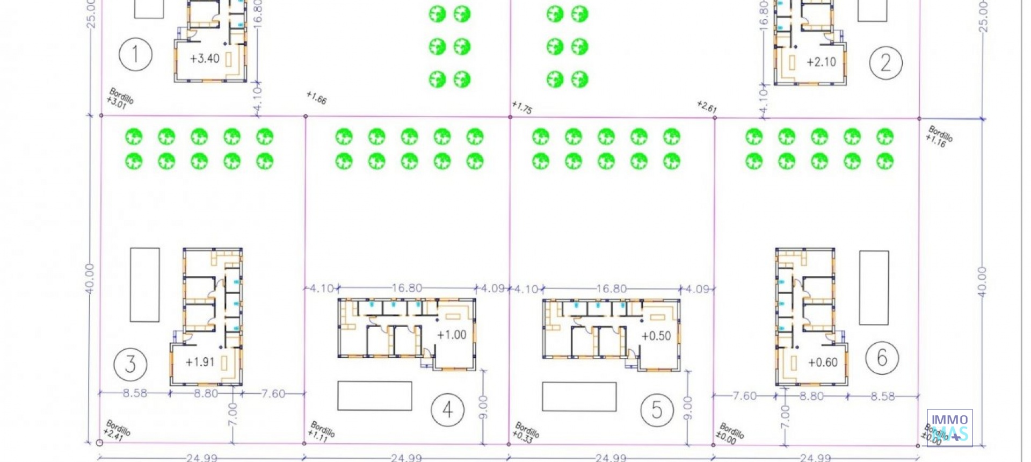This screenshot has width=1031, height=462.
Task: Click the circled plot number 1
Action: coord(135,55)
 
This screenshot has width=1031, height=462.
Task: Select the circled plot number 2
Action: coord(885,63)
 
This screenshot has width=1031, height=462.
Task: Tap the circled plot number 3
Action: coord(130,364)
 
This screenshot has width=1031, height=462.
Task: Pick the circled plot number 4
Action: coord(447,410)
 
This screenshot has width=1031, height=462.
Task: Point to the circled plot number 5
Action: coord(657,410)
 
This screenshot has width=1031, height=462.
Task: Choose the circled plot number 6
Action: coord(882,358)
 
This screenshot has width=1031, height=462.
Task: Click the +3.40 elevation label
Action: coord(205,59)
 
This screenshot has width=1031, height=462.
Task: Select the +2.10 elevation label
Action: coord(821,62)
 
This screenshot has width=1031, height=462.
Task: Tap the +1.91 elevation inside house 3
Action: coord(200,363)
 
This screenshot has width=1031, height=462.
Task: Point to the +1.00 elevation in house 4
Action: coord(452,335)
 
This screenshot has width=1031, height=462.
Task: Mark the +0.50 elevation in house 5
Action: coord(656,336)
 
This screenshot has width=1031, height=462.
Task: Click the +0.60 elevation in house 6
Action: coord(823,363)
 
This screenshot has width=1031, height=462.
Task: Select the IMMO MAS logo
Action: coord(949,428)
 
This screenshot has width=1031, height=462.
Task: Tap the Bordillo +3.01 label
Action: coord(120,99)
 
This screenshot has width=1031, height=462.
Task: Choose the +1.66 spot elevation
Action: coord(316,98)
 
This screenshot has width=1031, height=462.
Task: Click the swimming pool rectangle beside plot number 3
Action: coord(144,285)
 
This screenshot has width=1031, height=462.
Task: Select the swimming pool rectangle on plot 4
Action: coord(374,396)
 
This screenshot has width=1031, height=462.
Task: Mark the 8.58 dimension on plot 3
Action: coord(135,393)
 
